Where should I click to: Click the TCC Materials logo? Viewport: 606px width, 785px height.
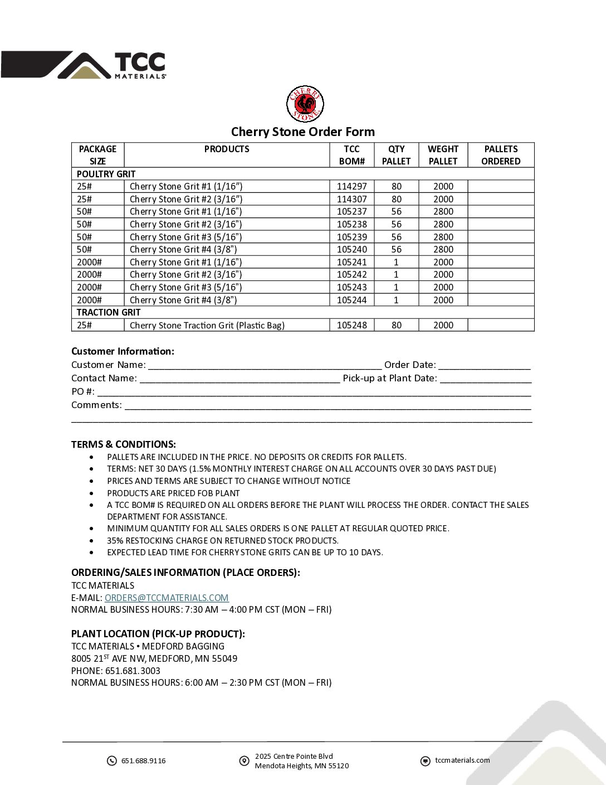coord(84,65)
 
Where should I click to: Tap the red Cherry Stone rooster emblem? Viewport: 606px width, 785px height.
coord(305,104)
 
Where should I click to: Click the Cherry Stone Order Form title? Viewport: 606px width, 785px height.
coord(302,132)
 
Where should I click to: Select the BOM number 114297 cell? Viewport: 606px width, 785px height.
coord(351,186)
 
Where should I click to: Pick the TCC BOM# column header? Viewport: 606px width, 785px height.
coord(351,155)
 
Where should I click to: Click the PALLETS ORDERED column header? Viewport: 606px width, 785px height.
coord(501,155)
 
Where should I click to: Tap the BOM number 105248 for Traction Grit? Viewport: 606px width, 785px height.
coord(351,325)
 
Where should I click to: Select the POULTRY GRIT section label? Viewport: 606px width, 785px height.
coord(106,174)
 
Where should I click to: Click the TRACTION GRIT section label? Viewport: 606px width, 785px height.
coord(109,312)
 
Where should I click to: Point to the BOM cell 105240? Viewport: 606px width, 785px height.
coord(351,249)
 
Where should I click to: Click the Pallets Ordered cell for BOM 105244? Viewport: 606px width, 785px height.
coord(501,300)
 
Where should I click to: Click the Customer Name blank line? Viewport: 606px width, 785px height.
coord(265,365)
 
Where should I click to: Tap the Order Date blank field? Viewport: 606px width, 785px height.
coord(484,365)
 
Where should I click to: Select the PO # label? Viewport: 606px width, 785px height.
coord(82,391)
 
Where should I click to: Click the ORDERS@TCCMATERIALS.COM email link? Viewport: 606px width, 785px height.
coord(167,598)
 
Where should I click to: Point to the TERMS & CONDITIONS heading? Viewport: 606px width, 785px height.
coord(124,444)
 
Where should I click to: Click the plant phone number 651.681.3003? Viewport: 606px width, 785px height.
coord(133,671)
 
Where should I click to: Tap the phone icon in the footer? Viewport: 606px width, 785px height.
coord(112,761)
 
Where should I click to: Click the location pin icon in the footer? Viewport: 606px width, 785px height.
coord(244,761)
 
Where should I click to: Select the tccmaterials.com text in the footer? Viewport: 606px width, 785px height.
coord(462,760)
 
